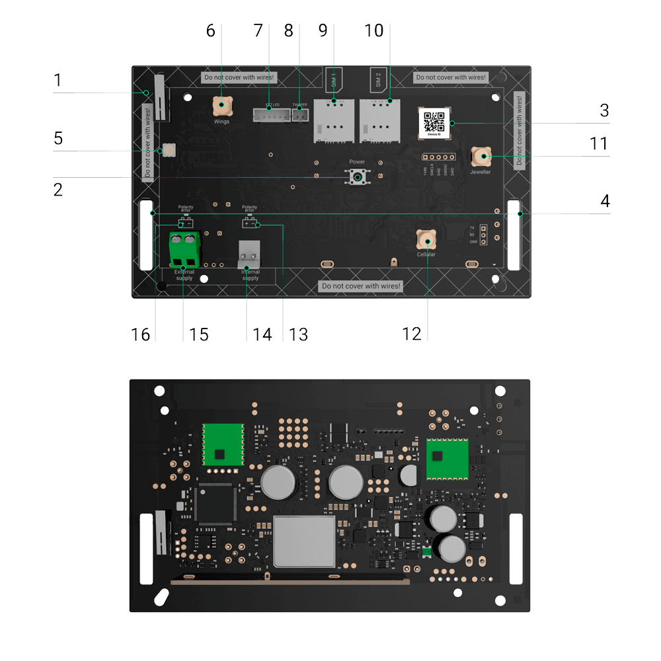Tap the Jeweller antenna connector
481,157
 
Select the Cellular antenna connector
426,239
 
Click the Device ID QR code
434,122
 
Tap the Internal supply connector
249,254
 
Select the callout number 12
412,334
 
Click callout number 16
140,334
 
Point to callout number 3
604,110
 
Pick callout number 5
58,139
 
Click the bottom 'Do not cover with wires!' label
360,286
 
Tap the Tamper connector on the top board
300,115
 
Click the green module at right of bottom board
447,457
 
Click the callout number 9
323,31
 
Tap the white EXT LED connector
271,116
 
